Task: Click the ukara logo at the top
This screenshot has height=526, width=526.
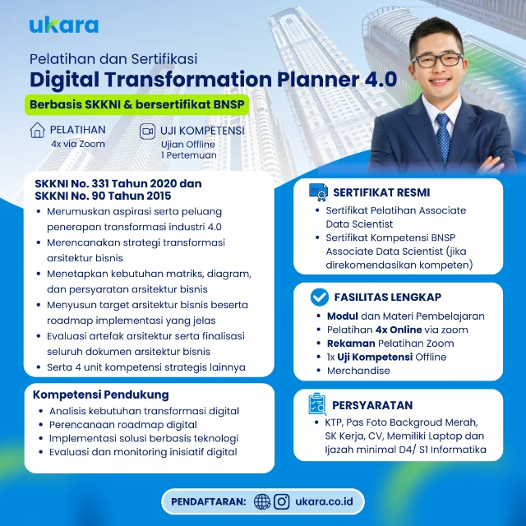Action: pos(64,25)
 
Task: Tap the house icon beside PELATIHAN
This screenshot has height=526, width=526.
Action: pos(37,130)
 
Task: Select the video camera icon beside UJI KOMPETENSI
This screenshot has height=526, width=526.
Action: pos(147,131)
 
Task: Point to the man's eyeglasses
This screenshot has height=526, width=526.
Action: pos(437,60)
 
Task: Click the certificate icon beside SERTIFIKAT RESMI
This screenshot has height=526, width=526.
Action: pos(318,192)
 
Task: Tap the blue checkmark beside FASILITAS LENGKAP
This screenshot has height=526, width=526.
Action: pos(320,298)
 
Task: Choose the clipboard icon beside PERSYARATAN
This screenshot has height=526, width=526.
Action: pos(317,404)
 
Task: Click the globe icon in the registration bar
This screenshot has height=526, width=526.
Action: pos(262,502)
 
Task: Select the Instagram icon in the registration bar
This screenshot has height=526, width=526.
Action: pos(282,502)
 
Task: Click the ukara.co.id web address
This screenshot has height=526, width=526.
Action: pos(324,501)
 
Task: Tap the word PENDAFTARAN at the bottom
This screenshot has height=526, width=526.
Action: pos(208,502)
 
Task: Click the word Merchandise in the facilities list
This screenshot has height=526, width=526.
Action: pos(358,371)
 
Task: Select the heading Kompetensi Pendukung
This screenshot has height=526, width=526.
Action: pos(100,394)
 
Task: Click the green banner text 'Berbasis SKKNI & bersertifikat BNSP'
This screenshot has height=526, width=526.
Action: pos(137,104)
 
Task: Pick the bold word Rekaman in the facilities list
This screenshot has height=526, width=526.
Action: pos(351,344)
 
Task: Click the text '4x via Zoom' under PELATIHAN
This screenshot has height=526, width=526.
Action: pos(78,144)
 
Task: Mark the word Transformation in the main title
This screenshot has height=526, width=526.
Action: pos(188,79)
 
